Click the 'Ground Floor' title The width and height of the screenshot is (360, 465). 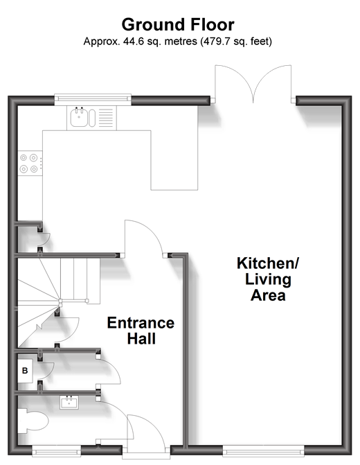178,25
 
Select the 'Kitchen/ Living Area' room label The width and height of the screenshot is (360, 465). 268,279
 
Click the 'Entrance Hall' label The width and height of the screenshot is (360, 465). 141,331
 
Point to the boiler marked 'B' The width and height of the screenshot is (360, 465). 25,370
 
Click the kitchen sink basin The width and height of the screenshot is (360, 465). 79,117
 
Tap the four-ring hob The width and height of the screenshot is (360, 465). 30,163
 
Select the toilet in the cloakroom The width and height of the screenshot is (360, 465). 33,421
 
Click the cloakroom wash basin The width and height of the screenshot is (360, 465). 69,403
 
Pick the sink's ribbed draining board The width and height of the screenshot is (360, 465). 106,118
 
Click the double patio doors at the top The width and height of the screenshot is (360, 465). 253,85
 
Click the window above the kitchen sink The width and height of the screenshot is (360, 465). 93,98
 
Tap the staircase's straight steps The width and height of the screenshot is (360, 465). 80,281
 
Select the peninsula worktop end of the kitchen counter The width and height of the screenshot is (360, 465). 174,160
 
